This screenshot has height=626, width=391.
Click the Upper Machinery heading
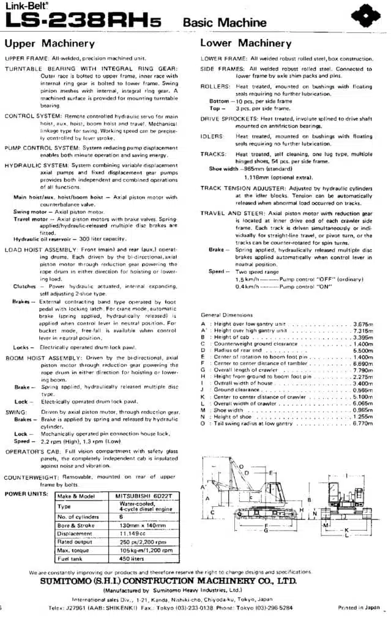(50, 43)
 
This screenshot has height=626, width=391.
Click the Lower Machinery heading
(246, 43)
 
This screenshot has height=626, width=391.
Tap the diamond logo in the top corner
(365, 15)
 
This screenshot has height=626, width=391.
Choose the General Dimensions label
(228, 315)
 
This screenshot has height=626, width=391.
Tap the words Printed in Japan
(359, 608)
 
